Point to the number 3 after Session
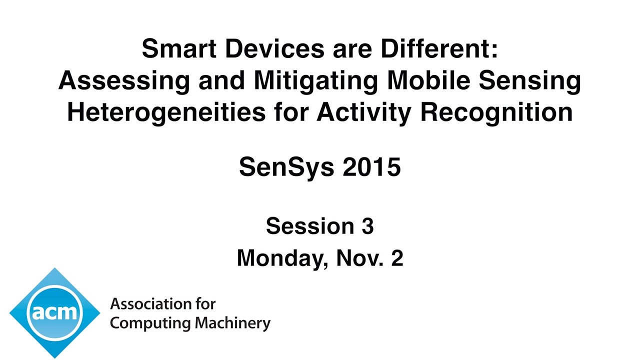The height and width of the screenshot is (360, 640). point(367,226)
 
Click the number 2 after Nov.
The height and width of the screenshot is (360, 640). point(397,258)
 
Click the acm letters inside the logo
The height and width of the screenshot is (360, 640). point(54,313)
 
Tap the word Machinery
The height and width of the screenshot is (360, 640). point(232,323)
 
